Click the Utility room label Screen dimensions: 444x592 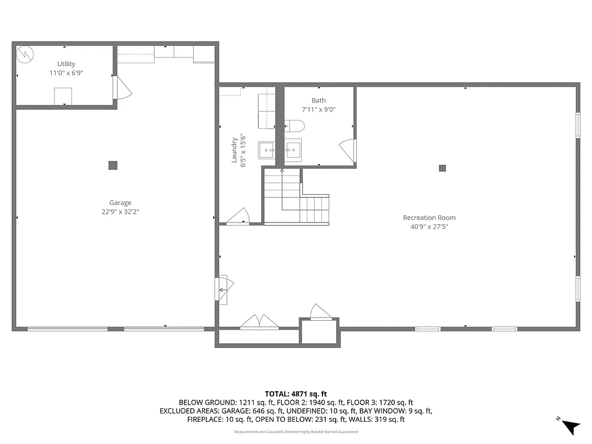point(66,64)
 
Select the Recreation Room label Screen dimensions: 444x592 point(429,218)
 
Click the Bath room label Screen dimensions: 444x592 point(318,100)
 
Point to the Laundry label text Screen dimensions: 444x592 point(235,150)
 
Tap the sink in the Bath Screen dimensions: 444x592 point(293,149)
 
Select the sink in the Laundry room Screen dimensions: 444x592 point(266,149)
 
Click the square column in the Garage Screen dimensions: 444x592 point(113,165)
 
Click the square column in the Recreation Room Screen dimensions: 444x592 point(442,168)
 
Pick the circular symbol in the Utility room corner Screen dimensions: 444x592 point(26,54)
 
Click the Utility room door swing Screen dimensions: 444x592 point(123,88)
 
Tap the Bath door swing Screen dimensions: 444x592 point(348,151)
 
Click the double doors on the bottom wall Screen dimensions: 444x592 point(259,322)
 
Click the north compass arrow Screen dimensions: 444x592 point(570,426)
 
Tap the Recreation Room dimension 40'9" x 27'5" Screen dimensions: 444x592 point(429,226)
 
